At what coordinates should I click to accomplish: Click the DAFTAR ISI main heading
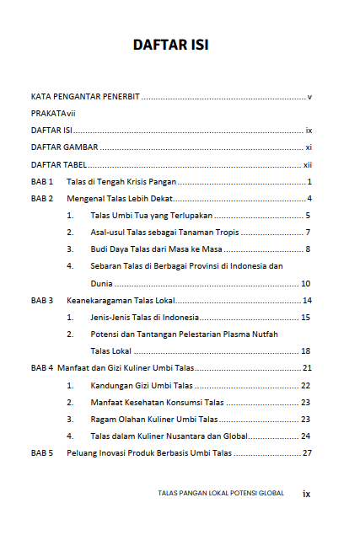[x=170, y=45]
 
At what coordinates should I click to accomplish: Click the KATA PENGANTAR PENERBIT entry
[x=85, y=97]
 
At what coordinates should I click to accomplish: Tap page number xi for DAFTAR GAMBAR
[x=309, y=147]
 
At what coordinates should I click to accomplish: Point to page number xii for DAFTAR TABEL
[x=308, y=164]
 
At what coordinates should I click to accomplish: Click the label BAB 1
[x=42, y=182]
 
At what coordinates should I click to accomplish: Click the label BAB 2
[x=42, y=199]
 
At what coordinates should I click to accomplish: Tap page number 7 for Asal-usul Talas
[x=309, y=233]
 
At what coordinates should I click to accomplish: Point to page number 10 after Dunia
[x=306, y=283]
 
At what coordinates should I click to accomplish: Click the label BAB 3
[x=42, y=300]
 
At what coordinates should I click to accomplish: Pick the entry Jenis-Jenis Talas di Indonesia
[x=145, y=317]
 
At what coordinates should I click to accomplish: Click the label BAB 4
[x=42, y=368]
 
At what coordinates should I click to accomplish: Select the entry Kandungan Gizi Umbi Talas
[x=142, y=385]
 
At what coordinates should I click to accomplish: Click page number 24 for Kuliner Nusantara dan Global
[x=306, y=436]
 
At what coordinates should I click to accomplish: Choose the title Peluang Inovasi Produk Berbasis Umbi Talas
[x=149, y=452]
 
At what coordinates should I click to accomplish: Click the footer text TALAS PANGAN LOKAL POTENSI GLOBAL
[x=221, y=493]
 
